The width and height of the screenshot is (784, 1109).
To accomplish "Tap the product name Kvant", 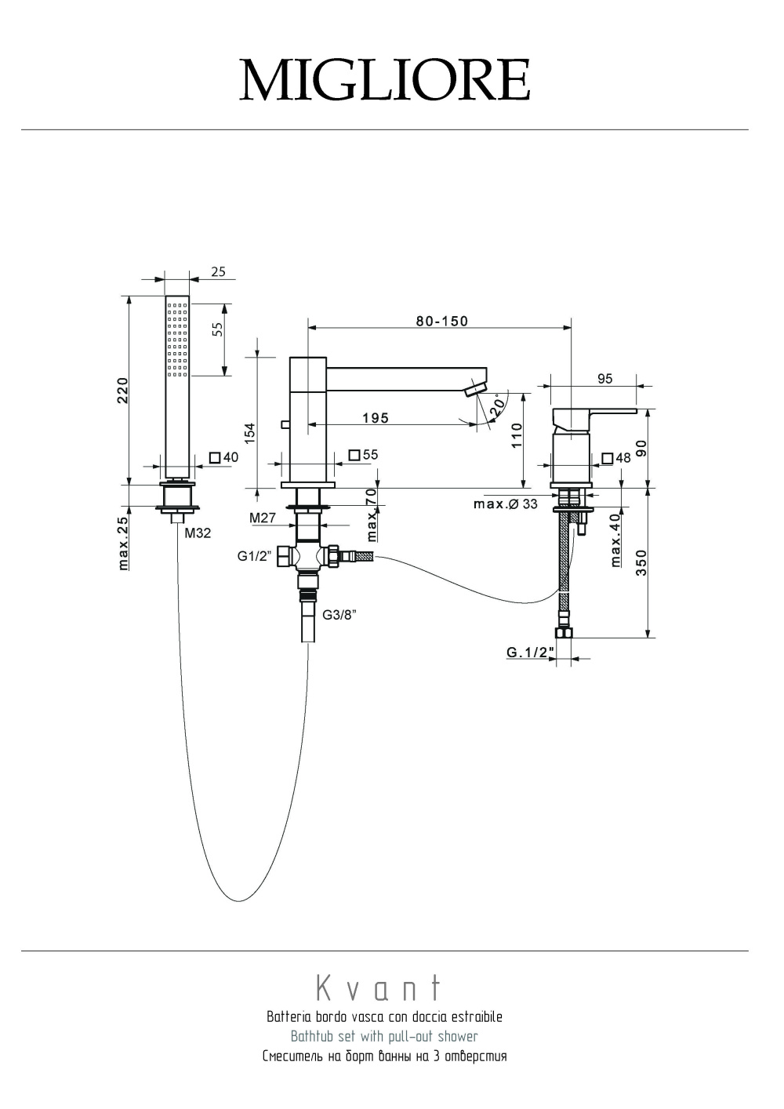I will tap(379, 988).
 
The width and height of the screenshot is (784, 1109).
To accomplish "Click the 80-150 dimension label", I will tap(442, 321).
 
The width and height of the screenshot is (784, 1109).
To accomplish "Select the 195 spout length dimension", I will tap(376, 418).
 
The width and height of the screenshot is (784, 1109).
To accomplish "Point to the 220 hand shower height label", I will tap(122, 390).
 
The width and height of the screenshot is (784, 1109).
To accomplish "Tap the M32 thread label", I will tap(198, 533).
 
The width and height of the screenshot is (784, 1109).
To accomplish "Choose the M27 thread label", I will tap(262, 518).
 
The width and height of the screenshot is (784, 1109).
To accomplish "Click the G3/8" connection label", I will tap(340, 615).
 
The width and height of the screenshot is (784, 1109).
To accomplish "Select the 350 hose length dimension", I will tap(641, 562).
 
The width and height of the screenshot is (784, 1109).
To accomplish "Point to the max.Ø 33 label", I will tap(506, 504).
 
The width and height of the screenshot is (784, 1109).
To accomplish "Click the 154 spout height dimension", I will tap(250, 433).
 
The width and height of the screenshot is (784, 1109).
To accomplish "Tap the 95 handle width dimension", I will tap(604, 379).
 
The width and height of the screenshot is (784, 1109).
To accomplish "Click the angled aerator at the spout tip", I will tap(476, 390).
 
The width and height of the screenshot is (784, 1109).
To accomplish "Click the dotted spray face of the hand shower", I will tap(178, 337).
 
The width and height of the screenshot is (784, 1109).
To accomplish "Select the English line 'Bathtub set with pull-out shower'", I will tap(384, 1036).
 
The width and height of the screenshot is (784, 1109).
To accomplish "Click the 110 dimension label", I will tap(517, 435).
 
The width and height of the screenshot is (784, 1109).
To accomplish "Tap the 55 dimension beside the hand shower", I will tap(218, 329).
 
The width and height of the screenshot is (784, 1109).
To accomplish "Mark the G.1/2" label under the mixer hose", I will tap(530, 652).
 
